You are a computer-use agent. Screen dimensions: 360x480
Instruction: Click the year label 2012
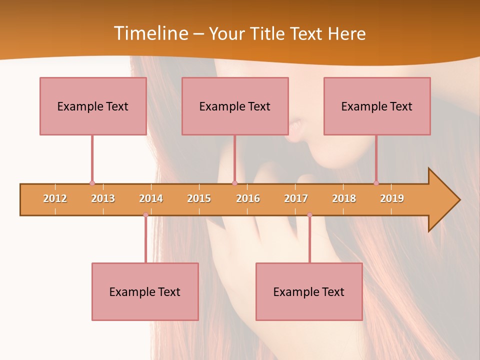55,198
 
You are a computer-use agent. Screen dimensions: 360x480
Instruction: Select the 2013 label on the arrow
103,198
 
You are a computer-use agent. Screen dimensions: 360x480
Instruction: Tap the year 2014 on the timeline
151,198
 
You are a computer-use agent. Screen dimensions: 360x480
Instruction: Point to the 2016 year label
248,198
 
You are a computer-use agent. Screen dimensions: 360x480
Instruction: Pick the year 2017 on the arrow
296,198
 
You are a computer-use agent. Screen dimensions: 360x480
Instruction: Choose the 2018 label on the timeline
344,198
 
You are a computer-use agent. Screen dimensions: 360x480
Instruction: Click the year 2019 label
392,198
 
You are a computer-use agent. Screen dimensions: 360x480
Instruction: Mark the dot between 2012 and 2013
92,183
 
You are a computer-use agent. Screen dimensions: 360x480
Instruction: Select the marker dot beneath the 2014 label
145,215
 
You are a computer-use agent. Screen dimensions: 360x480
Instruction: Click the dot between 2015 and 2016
234,183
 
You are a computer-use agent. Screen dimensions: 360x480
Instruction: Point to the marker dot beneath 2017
309,215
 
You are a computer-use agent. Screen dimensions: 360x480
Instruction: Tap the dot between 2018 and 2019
376,183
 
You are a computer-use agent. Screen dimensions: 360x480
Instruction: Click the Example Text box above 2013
93,106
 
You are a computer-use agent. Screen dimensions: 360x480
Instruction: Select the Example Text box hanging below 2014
145,292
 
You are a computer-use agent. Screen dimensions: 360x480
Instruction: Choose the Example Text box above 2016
235,106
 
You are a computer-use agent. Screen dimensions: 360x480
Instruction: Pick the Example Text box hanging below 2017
309,292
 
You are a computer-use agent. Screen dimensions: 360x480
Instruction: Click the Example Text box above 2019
377,106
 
